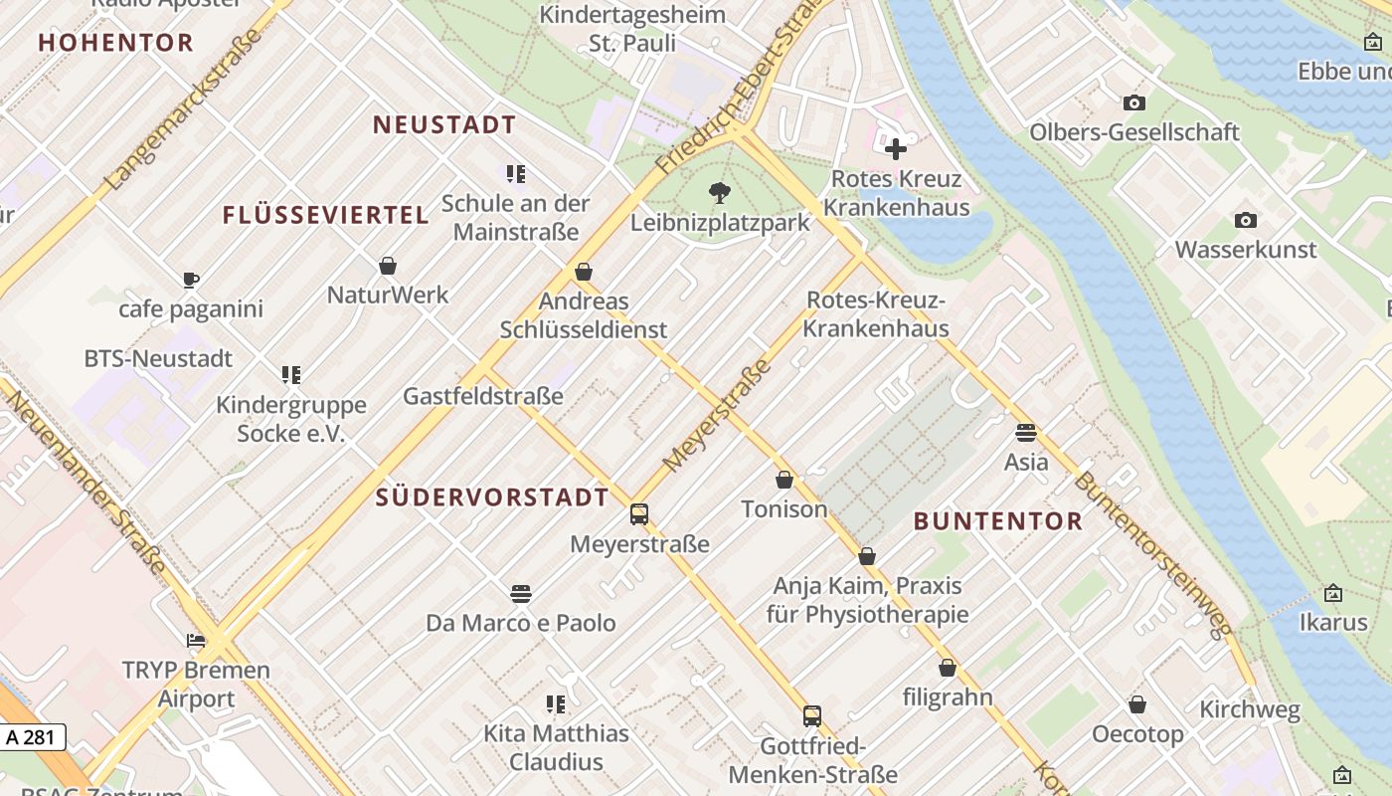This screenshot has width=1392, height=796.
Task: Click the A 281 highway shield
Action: [x=33, y=737]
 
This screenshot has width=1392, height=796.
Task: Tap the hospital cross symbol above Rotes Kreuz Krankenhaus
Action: [x=896, y=149]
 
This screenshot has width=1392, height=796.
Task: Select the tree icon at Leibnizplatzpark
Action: [x=719, y=193]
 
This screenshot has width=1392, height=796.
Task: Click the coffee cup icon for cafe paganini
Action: [x=191, y=281]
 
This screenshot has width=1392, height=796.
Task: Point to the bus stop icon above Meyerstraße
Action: [x=639, y=514]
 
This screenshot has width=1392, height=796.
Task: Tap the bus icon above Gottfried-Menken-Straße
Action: [x=812, y=715]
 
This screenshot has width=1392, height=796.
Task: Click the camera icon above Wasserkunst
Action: [x=1245, y=220]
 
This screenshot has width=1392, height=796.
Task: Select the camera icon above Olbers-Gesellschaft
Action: [x=1133, y=102]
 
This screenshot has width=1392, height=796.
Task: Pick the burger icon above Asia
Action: [x=1026, y=433]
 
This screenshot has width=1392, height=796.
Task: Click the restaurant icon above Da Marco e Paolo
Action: [x=521, y=594]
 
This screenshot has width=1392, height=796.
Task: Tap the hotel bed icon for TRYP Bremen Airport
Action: [x=196, y=641]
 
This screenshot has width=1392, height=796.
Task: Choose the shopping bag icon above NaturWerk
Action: [x=388, y=266]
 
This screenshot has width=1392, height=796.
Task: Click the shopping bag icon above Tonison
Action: [x=784, y=480]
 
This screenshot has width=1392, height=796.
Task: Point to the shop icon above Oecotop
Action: [x=1137, y=704]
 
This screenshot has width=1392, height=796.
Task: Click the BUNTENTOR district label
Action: [x=997, y=520]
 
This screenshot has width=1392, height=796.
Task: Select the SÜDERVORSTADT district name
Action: [x=492, y=497]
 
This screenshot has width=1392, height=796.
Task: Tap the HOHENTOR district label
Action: [x=116, y=43]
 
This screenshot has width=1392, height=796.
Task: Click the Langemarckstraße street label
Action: [x=184, y=110]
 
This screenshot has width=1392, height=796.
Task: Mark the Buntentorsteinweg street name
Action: [x=1153, y=554]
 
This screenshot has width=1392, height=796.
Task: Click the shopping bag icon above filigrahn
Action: [x=948, y=668]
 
